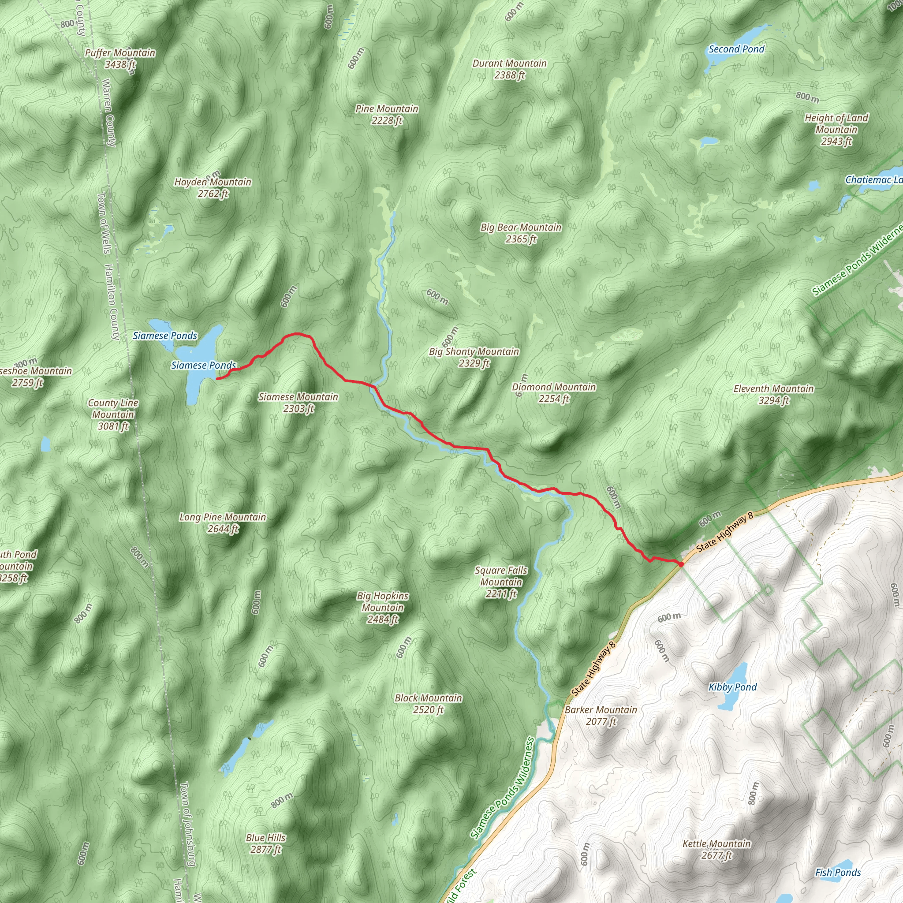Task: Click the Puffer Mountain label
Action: tap(120, 59)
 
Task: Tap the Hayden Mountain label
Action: tap(213, 187)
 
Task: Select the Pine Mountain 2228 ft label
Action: tap(387, 115)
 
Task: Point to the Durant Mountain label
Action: tap(509, 69)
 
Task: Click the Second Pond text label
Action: tap(736, 49)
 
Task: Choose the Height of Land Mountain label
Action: tap(836, 130)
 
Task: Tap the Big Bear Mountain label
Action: tap(521, 233)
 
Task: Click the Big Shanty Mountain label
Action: tap(474, 357)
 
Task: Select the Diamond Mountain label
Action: tap(553, 392)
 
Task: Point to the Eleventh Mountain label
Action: tap(773, 394)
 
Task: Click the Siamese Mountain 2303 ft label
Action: tap(298, 403)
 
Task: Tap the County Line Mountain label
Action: tap(113, 414)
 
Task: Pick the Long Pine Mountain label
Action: tap(223, 522)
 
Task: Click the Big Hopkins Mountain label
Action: tap(382, 608)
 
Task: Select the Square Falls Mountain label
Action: tap(500, 582)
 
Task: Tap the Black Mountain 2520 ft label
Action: tap(428, 703)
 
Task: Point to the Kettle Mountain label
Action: tap(716, 849)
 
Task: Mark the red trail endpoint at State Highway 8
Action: tap(680, 564)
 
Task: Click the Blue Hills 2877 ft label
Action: tap(265, 843)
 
